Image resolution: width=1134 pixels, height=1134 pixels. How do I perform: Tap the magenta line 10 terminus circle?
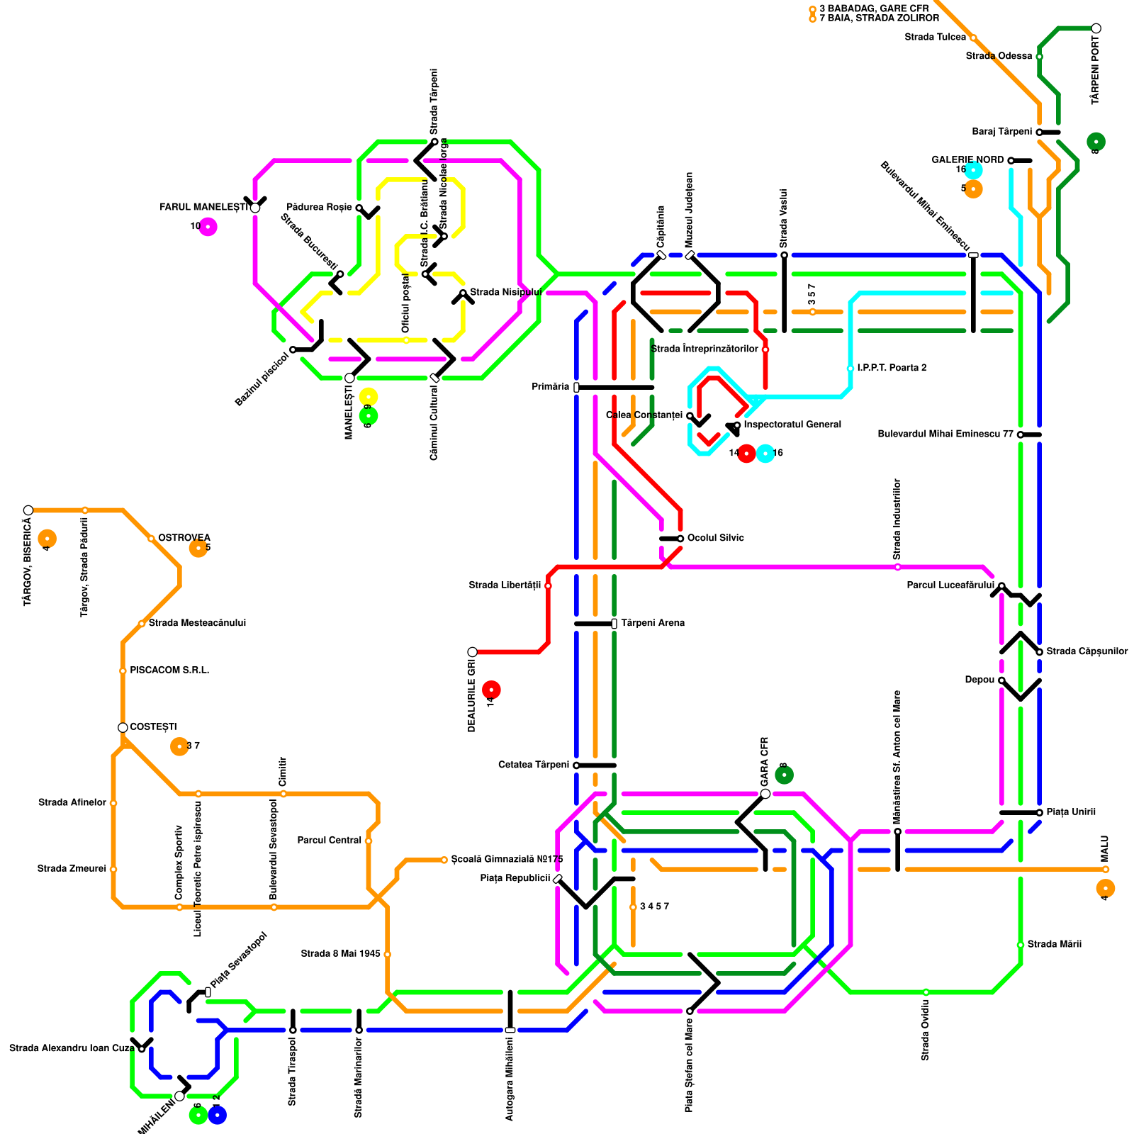click(x=208, y=227)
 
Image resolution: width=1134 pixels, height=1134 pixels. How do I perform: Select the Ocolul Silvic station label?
click(x=715, y=538)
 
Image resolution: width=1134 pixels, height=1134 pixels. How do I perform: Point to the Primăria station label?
click(x=550, y=387)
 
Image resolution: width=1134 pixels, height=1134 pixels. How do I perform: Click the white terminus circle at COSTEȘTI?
click(x=123, y=728)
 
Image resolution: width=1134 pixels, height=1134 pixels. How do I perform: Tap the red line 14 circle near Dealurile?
click(x=491, y=690)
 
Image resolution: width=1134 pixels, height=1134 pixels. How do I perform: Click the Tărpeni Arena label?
click(x=652, y=623)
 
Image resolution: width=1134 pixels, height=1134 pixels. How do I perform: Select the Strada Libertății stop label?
click(x=505, y=585)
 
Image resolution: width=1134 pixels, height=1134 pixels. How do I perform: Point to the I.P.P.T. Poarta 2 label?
click(x=891, y=368)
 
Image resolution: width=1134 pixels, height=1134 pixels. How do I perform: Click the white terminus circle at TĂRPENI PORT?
click(x=1096, y=28)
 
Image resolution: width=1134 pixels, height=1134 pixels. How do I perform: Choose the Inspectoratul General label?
click(x=792, y=425)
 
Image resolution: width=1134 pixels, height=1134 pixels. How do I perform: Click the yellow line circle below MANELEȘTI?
click(x=369, y=397)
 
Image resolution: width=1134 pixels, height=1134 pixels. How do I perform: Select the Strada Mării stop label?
click(x=1054, y=944)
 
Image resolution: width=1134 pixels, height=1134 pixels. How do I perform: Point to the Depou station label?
click(x=979, y=680)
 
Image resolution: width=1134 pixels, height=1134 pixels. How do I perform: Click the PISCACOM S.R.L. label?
click(x=169, y=670)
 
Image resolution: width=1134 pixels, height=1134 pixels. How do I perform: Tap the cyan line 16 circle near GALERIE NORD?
click(x=974, y=170)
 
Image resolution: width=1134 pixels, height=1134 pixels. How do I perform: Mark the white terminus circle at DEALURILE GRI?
click(x=473, y=652)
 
